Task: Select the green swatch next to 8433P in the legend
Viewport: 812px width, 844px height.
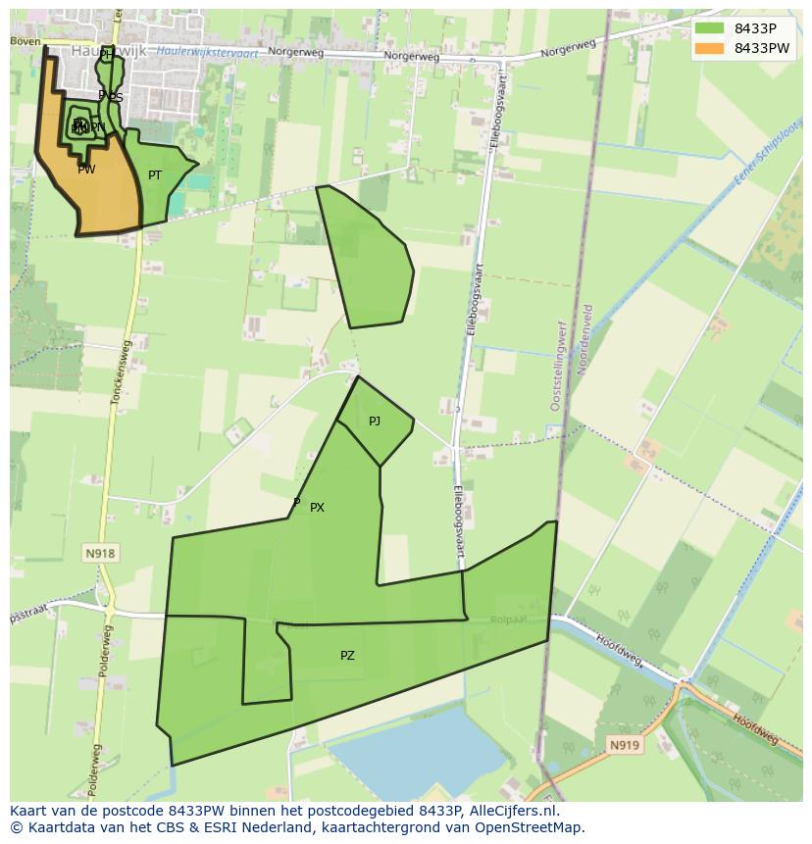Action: pyautogui.click(x=709, y=28)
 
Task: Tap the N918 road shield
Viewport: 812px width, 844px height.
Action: pyautogui.click(x=100, y=553)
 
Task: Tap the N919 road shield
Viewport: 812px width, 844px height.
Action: pyautogui.click(x=624, y=745)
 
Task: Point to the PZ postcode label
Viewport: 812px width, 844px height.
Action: pyautogui.click(x=347, y=656)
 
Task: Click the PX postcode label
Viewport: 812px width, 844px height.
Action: pyautogui.click(x=317, y=508)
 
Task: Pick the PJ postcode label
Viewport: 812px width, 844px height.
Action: pyautogui.click(x=375, y=422)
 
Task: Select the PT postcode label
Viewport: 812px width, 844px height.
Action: pyautogui.click(x=155, y=175)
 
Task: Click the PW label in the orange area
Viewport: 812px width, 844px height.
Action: pyautogui.click(x=86, y=170)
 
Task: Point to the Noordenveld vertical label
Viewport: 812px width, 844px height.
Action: pyautogui.click(x=587, y=338)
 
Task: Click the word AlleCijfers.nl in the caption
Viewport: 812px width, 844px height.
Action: pyautogui.click(x=513, y=811)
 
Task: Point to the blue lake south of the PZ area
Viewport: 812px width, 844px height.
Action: pyautogui.click(x=412, y=750)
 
